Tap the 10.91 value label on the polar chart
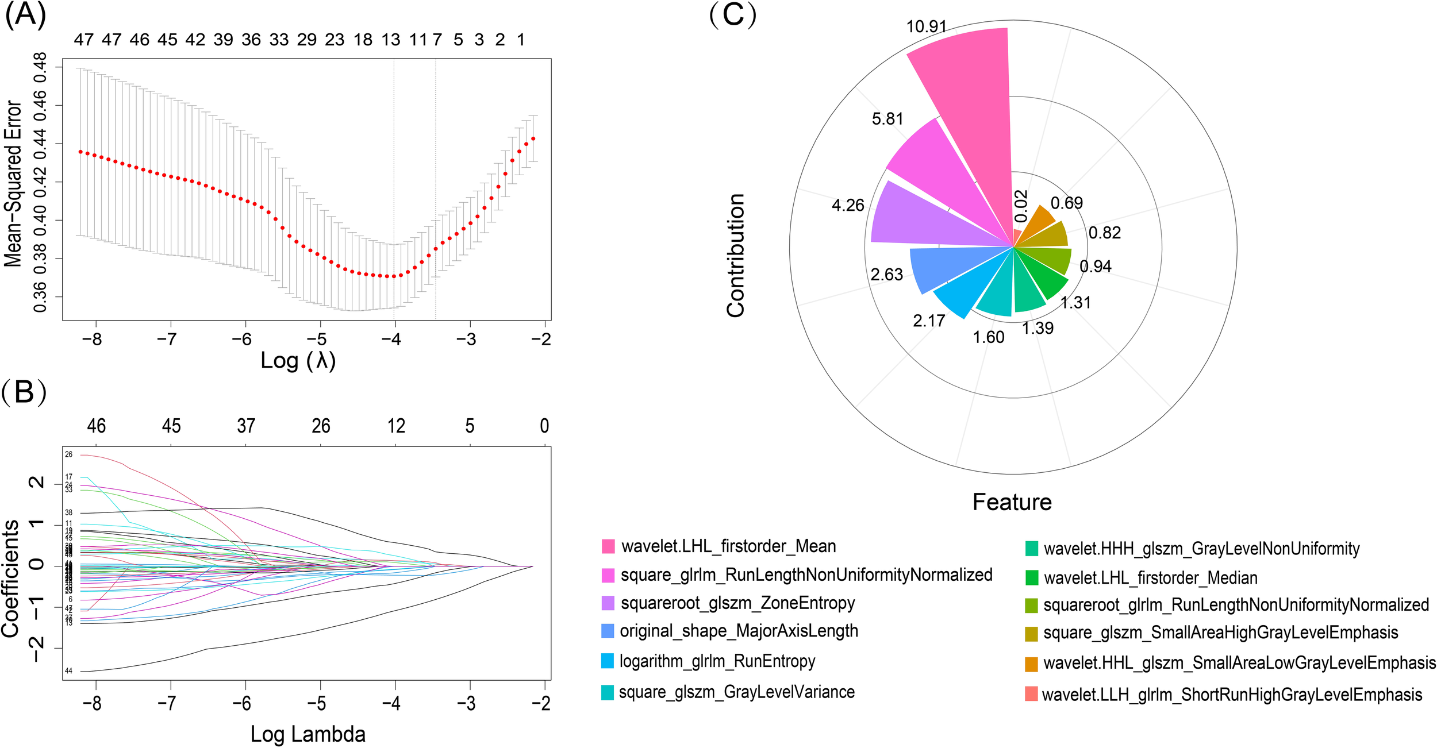pos(926,26)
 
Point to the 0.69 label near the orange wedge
pos(1066,203)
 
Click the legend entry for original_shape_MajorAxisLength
pos(739,631)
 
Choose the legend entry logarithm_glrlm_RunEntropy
pos(717,661)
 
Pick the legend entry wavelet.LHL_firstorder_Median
pos(1150,578)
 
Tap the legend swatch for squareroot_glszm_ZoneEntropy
pos(608,603)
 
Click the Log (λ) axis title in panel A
pos(298,361)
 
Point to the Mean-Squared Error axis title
pos(13,184)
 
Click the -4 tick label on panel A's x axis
pos(391,339)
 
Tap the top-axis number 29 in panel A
pos(306,40)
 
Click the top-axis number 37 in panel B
pos(246,426)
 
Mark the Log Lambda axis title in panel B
pos(308,734)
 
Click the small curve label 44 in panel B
pos(68,671)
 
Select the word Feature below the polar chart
pos(1012,502)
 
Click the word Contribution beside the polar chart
pos(735,255)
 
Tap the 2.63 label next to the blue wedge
pos(886,275)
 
